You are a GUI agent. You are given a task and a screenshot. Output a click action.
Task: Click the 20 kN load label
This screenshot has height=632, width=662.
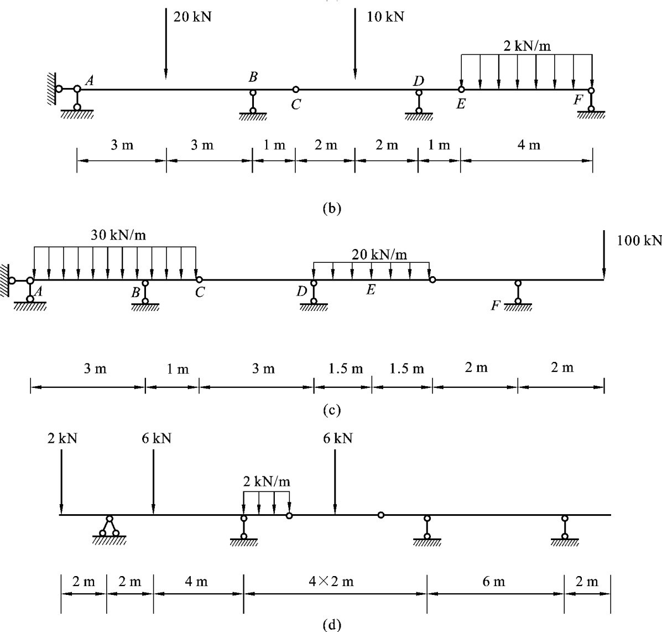[192, 17]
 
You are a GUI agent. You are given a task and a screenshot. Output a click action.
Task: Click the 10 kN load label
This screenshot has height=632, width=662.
[385, 17]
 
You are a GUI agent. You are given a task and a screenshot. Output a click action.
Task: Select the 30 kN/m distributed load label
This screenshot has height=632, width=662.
[119, 235]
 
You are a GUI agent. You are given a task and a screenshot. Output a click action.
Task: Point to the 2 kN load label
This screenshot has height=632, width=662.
[62, 438]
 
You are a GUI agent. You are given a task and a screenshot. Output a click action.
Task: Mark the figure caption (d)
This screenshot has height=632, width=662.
[332, 625]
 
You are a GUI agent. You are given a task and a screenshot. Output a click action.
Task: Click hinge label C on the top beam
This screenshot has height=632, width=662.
[296, 105]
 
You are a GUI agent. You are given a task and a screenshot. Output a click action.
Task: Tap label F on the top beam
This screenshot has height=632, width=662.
[578, 100]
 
